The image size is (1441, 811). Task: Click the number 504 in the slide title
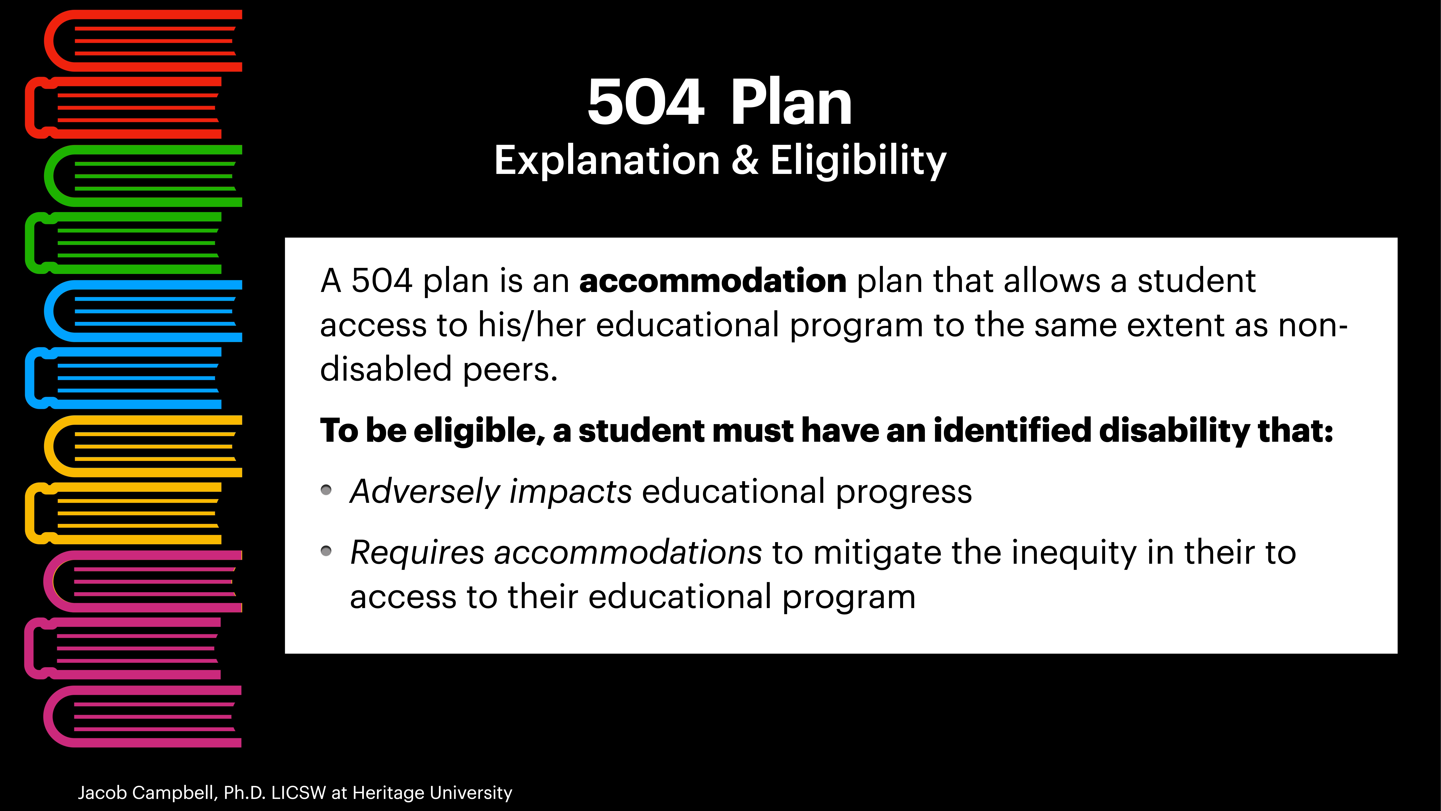click(x=645, y=102)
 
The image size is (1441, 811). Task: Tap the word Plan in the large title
click(x=790, y=102)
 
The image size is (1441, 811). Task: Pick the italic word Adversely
click(x=424, y=492)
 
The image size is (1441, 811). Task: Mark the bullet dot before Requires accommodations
click(x=326, y=551)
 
